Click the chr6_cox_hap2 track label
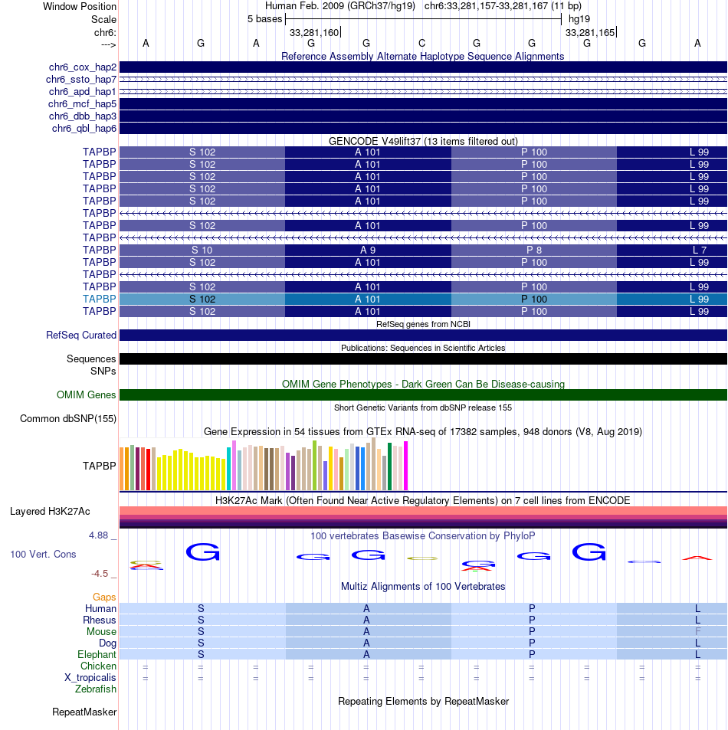tap(80, 67)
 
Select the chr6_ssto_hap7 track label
tap(80, 80)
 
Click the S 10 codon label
tap(202, 250)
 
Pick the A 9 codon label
tap(368, 250)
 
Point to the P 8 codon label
tap(534, 250)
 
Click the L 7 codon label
tap(699, 250)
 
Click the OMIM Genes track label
tap(87, 395)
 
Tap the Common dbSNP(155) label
tap(68, 419)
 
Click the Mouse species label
tap(101, 631)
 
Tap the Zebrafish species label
tap(96, 689)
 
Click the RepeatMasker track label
tap(84, 712)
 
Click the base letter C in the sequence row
tap(421, 44)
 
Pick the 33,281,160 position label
tap(313, 33)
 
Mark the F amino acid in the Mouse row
tap(698, 631)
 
